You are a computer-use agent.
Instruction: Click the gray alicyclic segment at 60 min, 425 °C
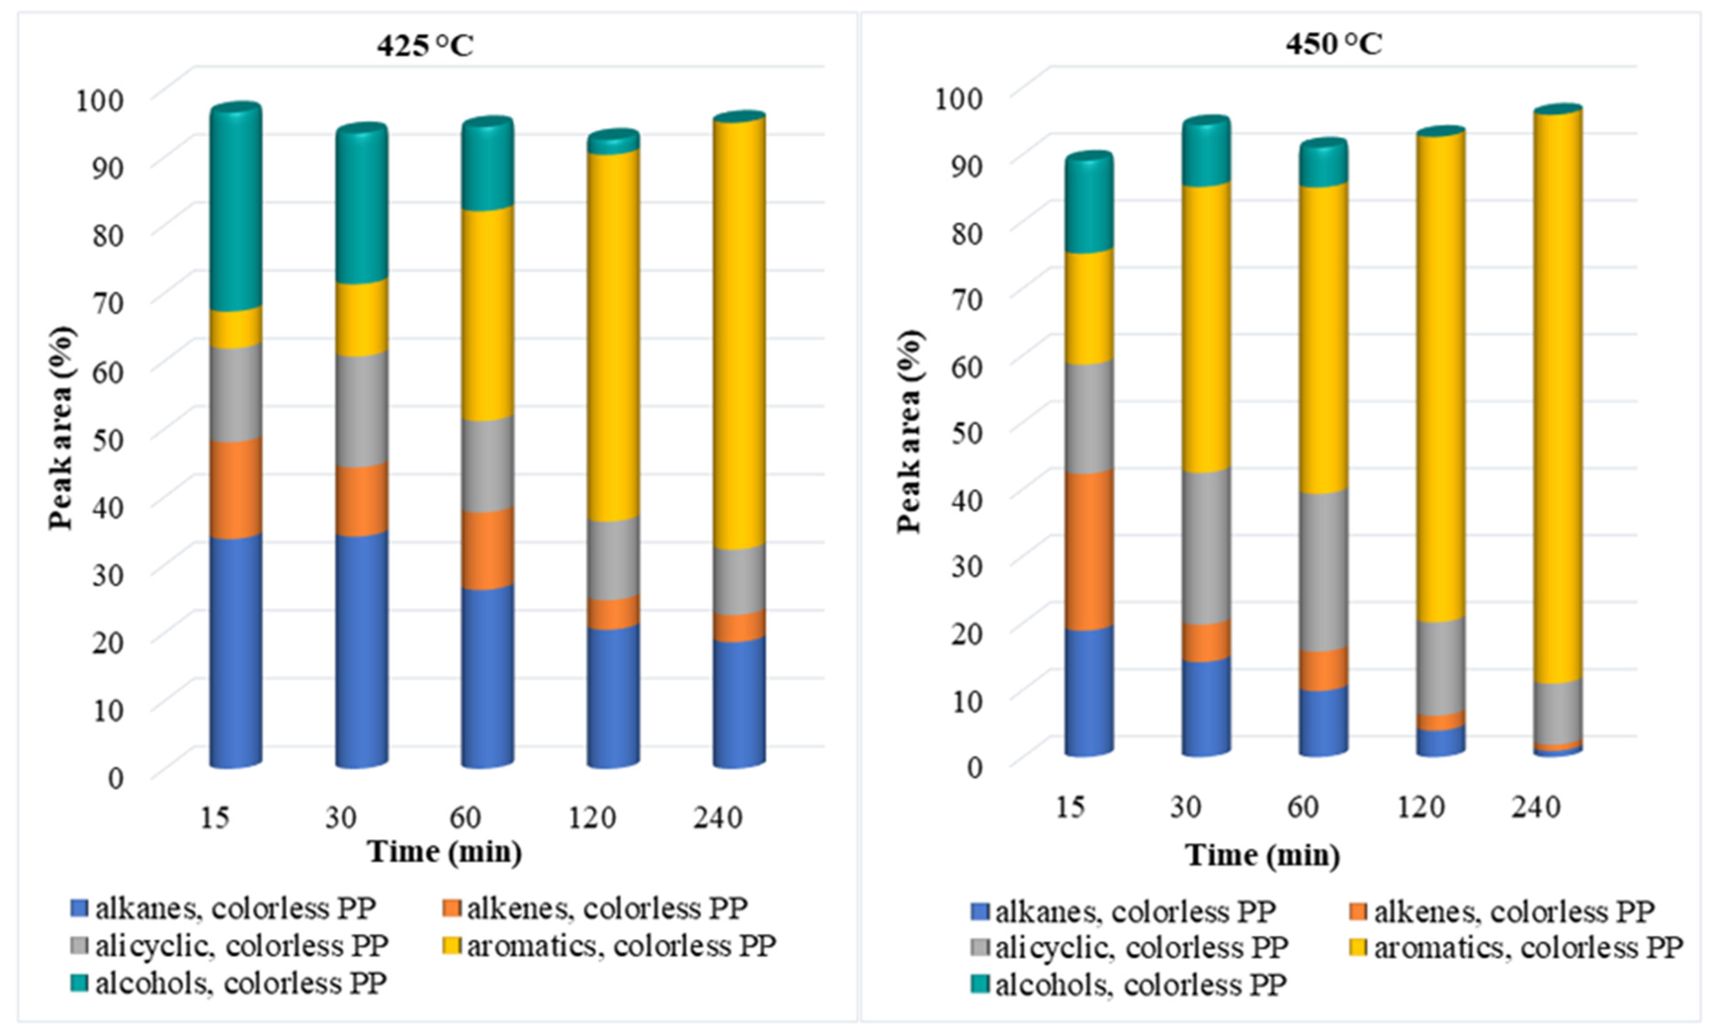tap(488, 465)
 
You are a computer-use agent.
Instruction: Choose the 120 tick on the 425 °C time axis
tap(592, 817)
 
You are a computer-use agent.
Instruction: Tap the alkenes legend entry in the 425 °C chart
tap(595, 908)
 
